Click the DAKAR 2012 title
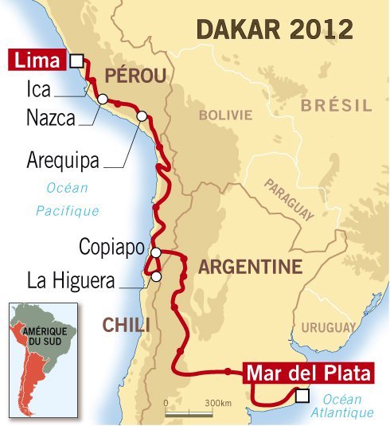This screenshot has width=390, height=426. pos(274,30)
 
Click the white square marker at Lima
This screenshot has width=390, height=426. pos(76,61)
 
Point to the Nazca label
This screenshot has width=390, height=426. pos(51,119)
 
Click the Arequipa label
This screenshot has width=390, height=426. pos(63,160)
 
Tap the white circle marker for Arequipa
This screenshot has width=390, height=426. pos(142,116)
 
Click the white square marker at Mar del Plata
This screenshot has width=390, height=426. pos(301,394)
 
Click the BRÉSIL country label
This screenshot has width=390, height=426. pos(337,104)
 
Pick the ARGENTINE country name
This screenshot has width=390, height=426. pos(250,266)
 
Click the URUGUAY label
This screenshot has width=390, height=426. pos(328,327)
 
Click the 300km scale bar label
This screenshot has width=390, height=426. pos(217,404)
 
